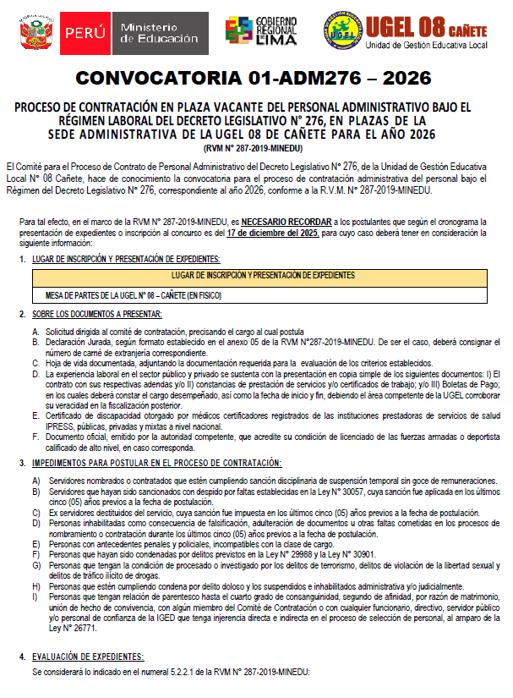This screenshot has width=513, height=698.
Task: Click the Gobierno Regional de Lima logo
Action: [262, 31]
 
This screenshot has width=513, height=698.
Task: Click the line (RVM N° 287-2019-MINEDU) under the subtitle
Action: [254, 148]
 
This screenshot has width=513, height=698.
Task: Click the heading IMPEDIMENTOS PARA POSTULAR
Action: [156, 464]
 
